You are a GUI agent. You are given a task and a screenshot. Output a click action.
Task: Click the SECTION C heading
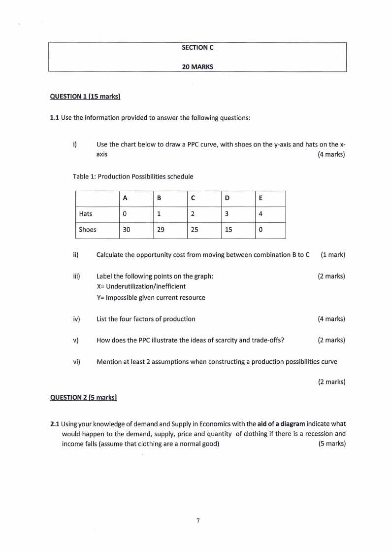pos(197,48)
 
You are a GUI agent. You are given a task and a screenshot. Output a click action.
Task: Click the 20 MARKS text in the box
pos(197,67)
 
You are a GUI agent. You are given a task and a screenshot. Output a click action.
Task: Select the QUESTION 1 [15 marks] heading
pos(85,97)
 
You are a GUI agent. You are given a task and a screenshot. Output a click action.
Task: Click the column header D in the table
pos(227,198)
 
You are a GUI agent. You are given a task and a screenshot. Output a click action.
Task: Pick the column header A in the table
pos(125,198)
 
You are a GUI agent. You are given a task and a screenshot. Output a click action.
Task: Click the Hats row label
pos(86,214)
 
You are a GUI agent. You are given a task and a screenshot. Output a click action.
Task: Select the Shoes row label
pos(88,230)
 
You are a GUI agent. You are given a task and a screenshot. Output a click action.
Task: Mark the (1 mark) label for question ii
pos(332,255)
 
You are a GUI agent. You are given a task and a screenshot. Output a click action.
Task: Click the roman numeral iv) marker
pos(76,319)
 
